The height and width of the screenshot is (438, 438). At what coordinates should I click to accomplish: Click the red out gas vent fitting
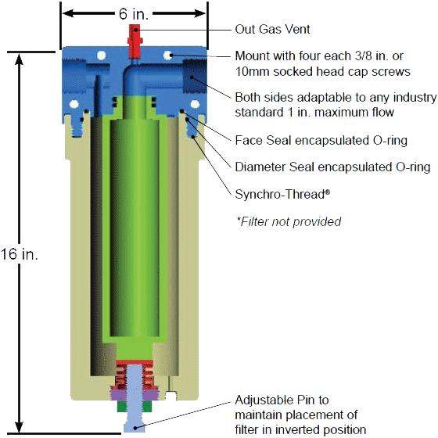click(x=135, y=41)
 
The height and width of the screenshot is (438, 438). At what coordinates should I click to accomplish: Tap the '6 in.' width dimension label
click(x=134, y=13)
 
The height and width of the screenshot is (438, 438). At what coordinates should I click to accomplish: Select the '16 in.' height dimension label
click(x=19, y=254)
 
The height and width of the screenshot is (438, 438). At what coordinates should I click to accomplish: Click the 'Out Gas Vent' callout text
click(x=272, y=29)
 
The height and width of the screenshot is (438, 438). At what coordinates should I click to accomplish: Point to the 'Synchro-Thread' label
click(x=282, y=194)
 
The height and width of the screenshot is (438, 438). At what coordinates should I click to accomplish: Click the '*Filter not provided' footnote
click(x=289, y=221)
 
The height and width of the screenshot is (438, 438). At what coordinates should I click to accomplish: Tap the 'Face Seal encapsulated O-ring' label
click(x=321, y=140)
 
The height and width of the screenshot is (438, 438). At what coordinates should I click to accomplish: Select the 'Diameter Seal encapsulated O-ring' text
click(x=332, y=167)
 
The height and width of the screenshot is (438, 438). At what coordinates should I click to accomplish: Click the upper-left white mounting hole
click(x=101, y=55)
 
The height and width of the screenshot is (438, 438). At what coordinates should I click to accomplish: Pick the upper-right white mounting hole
click(x=168, y=55)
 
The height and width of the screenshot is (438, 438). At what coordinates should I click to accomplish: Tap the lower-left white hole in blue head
click(x=74, y=105)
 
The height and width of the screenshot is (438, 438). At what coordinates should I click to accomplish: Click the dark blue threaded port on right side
click(x=194, y=76)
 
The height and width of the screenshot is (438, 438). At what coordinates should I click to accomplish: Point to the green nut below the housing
click(x=134, y=407)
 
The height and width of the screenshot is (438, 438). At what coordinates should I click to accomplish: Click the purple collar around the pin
click(x=134, y=395)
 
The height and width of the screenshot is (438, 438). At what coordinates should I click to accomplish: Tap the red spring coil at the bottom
click(x=135, y=375)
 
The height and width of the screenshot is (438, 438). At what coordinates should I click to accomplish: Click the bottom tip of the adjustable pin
click(x=135, y=432)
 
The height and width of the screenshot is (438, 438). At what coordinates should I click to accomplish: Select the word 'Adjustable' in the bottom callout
click(x=264, y=400)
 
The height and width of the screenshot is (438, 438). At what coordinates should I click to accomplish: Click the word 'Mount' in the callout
click(x=253, y=56)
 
